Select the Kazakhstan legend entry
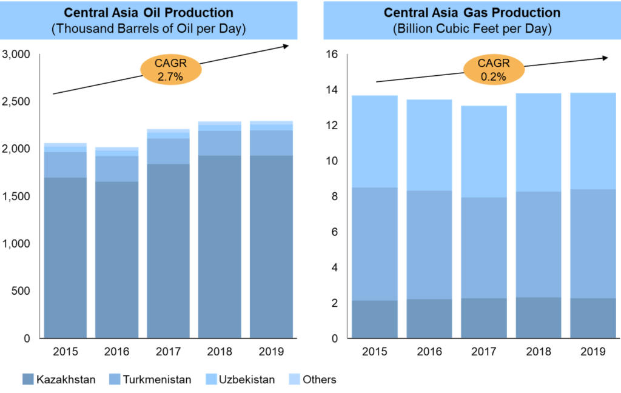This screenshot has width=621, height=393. point(58,380)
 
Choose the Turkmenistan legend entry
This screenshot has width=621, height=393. point(148,380)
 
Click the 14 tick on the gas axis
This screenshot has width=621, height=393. point(331,90)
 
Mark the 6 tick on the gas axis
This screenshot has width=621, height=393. point(334,232)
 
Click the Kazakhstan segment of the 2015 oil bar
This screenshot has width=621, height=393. point(65,258)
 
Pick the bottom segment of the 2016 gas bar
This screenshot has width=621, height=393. point(429,318)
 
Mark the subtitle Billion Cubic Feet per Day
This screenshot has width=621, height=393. point(472,29)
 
